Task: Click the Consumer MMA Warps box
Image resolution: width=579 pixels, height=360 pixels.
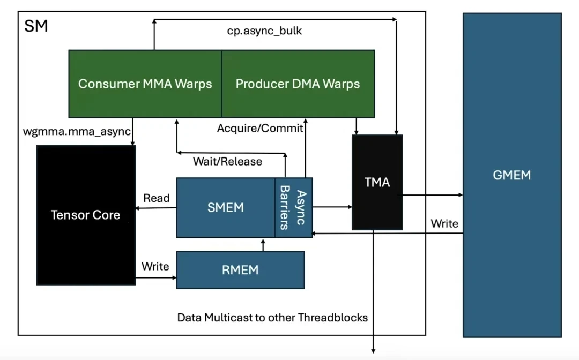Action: point(145,84)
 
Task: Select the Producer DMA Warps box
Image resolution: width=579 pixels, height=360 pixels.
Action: point(298,84)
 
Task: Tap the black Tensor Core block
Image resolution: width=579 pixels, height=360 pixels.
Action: point(85,215)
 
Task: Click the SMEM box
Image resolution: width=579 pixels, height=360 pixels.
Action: point(225,207)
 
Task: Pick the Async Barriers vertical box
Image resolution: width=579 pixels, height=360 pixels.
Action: point(294,207)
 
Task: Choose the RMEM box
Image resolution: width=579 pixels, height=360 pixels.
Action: point(240,269)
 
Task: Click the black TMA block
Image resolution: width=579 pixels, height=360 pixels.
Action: point(377,183)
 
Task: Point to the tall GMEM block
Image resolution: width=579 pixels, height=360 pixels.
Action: point(512,175)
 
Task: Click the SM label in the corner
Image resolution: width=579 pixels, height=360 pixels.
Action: point(36,26)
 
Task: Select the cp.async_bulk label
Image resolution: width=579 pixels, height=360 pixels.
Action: point(264,31)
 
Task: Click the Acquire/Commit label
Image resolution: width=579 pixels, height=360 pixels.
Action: point(260,129)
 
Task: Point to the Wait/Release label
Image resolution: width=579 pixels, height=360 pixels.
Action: point(227,161)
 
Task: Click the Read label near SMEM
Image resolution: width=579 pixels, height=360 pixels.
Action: point(156,198)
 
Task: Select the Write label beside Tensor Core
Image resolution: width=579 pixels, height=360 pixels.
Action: point(155,266)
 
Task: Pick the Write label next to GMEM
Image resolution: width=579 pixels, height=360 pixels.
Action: point(444,223)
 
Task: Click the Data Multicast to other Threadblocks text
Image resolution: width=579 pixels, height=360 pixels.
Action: point(272,318)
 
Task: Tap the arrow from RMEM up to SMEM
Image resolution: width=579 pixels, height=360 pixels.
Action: point(263,244)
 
